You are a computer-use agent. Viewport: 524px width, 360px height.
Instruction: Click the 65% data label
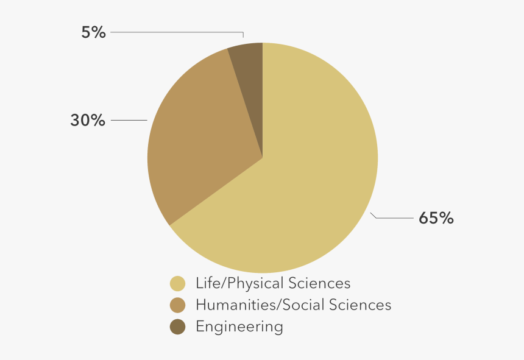click(x=436, y=218)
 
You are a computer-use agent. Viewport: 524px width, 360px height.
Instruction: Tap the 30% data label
click(x=88, y=121)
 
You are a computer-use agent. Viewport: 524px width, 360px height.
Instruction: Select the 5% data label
click(x=93, y=32)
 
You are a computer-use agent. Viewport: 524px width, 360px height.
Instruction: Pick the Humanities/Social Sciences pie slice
click(x=195, y=140)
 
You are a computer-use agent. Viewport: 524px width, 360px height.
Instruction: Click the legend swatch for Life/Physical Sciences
click(x=178, y=284)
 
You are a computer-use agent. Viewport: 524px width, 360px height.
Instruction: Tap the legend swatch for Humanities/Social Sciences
click(x=178, y=305)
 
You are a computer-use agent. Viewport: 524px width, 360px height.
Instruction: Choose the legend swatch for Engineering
click(x=178, y=327)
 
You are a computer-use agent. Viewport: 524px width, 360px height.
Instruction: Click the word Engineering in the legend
click(x=239, y=327)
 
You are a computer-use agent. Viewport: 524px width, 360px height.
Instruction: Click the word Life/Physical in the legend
click(x=232, y=284)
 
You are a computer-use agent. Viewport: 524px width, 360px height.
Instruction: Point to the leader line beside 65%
click(x=393, y=217)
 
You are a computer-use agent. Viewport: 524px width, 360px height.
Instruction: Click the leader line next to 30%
click(x=129, y=121)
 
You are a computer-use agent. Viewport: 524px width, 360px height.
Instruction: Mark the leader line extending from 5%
click(x=177, y=32)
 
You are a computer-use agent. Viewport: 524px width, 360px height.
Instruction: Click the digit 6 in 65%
click(x=423, y=218)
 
